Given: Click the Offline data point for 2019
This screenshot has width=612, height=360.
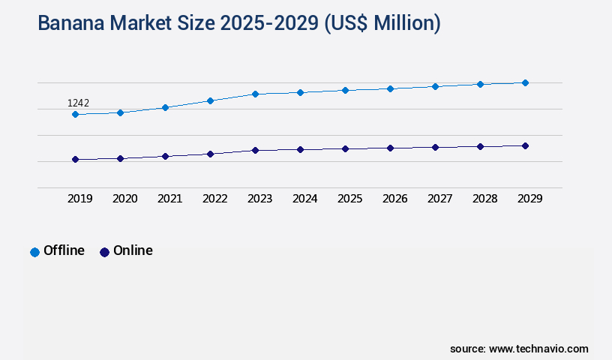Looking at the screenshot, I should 75,114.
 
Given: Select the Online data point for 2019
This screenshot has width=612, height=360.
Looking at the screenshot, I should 75,159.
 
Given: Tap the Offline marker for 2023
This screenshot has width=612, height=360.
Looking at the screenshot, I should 255,94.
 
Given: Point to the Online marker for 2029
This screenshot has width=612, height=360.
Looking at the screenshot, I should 525,145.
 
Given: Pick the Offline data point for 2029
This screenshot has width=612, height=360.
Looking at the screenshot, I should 525,82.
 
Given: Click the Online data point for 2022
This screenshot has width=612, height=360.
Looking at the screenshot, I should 210,154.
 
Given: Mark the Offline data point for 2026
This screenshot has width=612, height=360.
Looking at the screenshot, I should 390,88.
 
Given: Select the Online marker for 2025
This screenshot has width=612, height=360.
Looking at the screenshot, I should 345,148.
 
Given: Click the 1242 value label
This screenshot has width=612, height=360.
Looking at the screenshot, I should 79,103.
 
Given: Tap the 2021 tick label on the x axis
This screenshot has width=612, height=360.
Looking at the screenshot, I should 169,199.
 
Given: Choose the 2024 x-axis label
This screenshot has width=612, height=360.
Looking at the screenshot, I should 304,199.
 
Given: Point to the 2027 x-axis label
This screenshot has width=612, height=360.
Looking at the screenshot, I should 439,199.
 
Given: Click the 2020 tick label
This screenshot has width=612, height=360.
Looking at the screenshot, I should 124,199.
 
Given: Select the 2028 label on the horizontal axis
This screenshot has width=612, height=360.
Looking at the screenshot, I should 484,199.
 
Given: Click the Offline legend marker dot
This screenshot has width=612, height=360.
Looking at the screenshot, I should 34,252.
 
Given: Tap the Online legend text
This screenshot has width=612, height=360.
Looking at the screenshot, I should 133,250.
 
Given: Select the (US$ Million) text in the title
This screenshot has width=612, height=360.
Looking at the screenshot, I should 382,23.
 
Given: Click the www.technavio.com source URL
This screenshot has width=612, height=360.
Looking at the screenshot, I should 538,349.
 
